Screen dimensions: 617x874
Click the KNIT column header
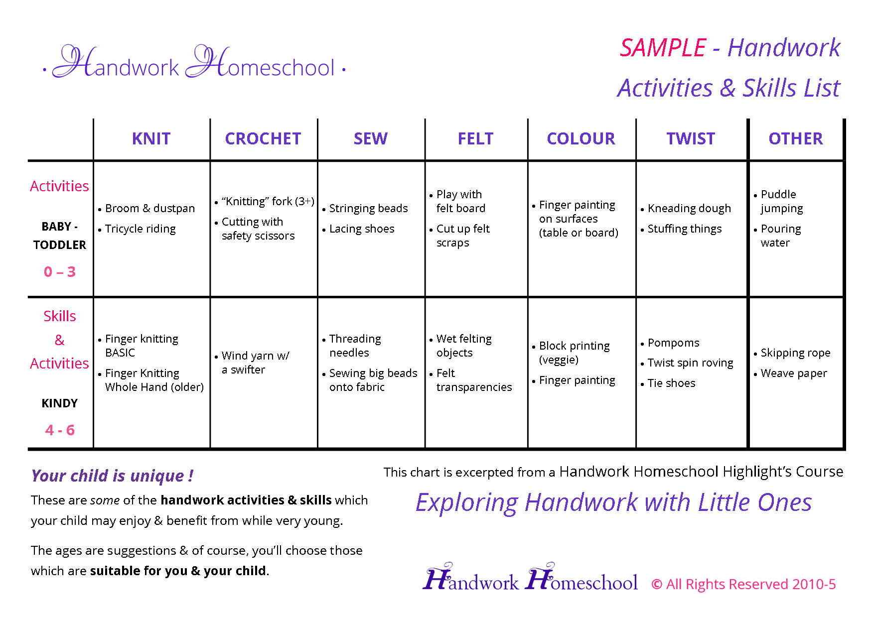(x=151, y=138)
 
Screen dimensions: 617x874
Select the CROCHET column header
(x=263, y=138)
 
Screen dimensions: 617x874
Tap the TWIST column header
(x=691, y=138)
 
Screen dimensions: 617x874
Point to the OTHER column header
(x=795, y=138)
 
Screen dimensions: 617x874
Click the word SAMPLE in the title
(x=663, y=48)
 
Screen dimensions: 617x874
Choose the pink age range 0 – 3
(x=60, y=272)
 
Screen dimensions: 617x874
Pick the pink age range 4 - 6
(x=60, y=430)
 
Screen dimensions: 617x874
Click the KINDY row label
(x=60, y=403)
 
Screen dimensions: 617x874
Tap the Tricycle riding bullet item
(x=140, y=229)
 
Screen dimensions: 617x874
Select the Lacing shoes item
(x=362, y=229)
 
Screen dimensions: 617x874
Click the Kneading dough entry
(x=689, y=208)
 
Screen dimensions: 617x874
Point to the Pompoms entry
(x=673, y=343)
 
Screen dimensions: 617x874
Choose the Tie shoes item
(x=671, y=383)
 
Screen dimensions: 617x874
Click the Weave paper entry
(x=794, y=373)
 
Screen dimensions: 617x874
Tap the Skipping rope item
(x=795, y=353)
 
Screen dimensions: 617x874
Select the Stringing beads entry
(x=368, y=208)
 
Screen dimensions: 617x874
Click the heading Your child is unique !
(x=112, y=476)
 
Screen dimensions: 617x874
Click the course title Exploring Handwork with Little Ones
(x=613, y=502)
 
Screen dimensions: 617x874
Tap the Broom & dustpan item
(x=149, y=208)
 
